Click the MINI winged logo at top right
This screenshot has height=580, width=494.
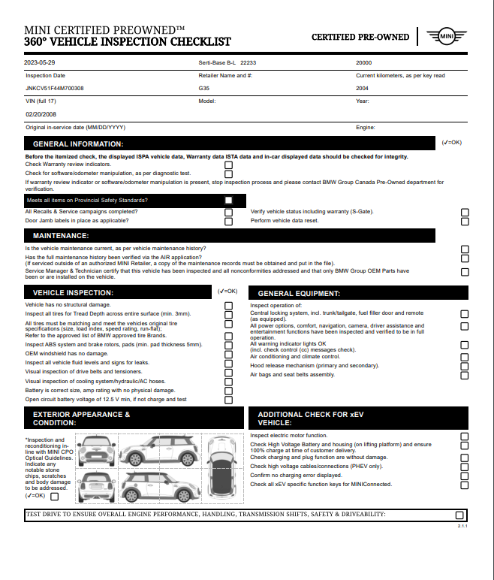coord(447,36)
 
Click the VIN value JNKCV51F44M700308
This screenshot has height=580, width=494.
coord(55,88)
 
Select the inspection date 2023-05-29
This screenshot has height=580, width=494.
coord(40,63)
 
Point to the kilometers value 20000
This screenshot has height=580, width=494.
coord(364,63)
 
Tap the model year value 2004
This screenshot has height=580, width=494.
coord(363,88)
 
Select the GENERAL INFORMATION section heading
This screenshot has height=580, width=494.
coord(78,143)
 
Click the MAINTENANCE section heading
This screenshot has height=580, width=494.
coord(61,236)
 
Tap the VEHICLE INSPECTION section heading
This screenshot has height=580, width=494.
coord(74,292)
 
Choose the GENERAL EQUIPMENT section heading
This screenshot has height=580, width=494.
coord(299,293)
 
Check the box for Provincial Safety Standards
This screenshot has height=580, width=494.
coord(228,201)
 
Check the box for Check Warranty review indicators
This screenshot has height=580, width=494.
coord(228,165)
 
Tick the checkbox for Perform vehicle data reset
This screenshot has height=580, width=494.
coord(465,222)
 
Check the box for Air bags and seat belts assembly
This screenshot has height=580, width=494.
coord(465,375)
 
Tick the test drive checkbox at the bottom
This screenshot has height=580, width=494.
coord(460,515)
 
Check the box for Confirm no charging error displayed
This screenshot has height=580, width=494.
coord(465,476)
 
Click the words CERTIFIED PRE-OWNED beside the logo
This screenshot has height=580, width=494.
coord(360,37)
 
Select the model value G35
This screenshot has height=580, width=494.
coord(204,88)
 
